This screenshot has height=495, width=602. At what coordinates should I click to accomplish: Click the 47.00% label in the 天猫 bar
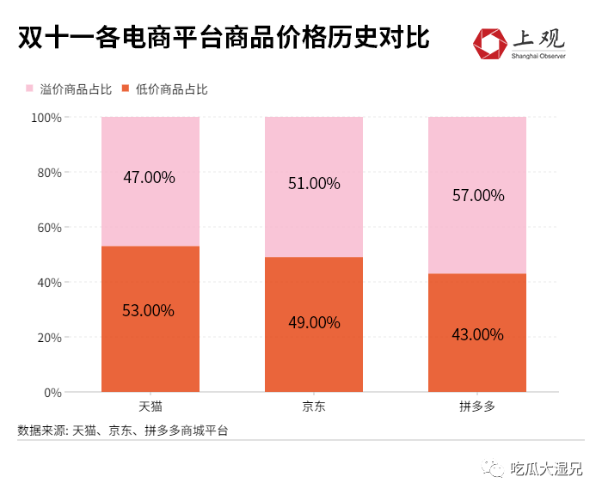click(x=149, y=178)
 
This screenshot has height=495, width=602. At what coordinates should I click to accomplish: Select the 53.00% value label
click(x=149, y=310)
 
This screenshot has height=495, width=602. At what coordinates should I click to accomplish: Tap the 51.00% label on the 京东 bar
click(x=314, y=184)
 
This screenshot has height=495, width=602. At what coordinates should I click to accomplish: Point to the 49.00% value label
click(x=314, y=322)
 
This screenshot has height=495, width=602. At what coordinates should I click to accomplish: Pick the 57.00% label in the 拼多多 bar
click(x=478, y=195)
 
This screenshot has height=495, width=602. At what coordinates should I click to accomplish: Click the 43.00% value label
click(x=478, y=334)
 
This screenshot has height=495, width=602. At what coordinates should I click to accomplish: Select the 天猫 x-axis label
click(x=150, y=406)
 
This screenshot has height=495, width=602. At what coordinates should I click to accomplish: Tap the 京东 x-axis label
click(x=314, y=406)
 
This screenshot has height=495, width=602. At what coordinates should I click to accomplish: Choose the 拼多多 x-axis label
click(x=478, y=406)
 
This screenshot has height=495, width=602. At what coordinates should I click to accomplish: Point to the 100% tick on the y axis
click(x=46, y=117)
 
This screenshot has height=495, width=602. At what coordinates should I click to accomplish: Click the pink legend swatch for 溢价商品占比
click(x=29, y=89)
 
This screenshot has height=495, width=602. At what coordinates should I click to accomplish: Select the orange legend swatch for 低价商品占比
click(x=126, y=89)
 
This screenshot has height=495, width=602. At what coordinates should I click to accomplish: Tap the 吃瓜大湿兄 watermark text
click(x=546, y=468)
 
